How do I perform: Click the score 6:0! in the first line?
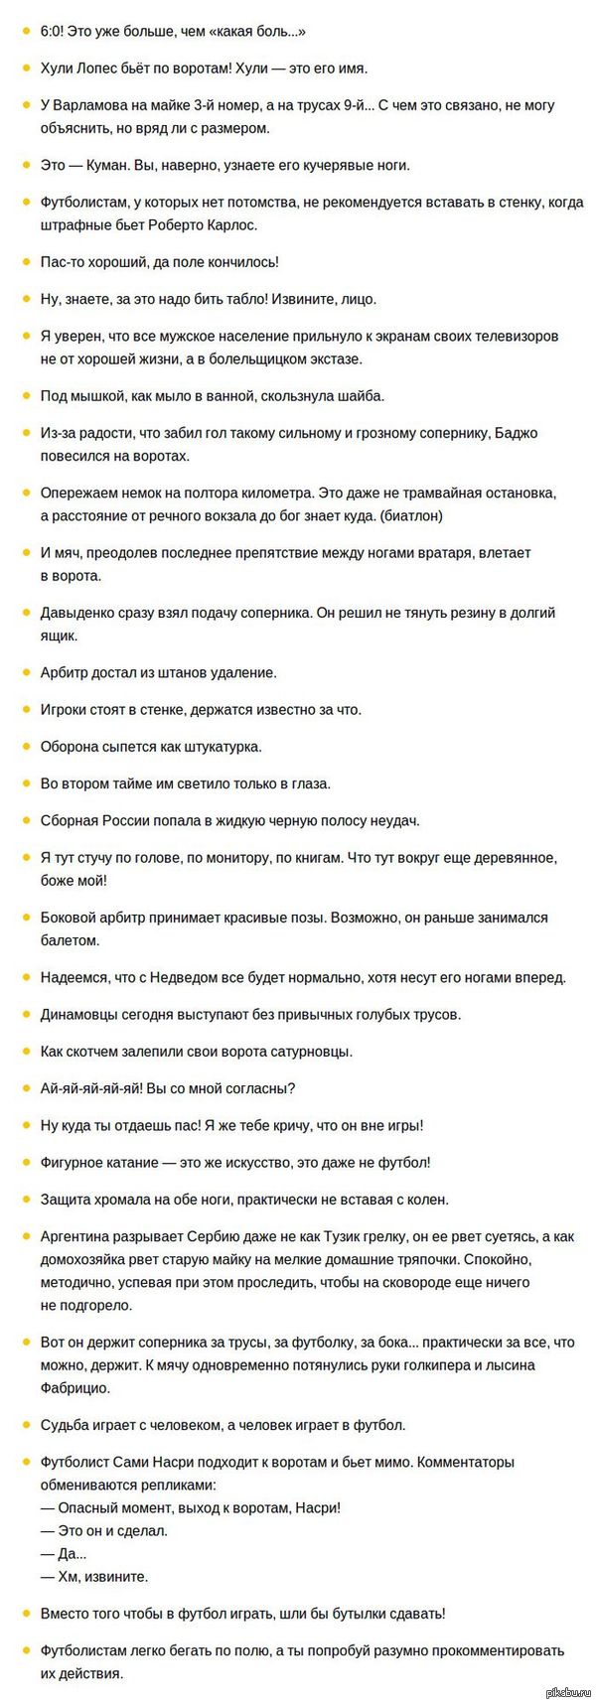click(54, 32)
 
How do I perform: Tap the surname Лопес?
click(102, 69)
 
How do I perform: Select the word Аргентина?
click(77, 1237)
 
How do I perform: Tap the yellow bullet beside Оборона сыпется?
click(24, 747)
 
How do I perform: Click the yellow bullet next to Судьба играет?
click(24, 1425)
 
